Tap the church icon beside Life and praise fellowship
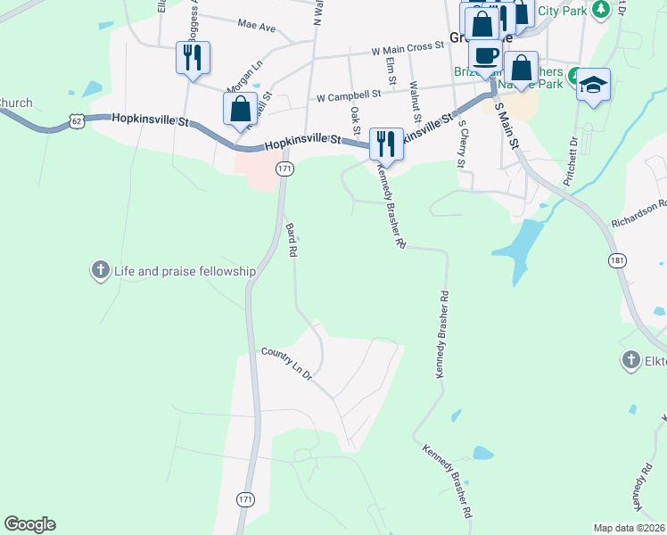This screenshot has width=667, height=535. [x=100, y=269]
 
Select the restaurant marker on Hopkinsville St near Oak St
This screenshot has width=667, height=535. [x=386, y=143]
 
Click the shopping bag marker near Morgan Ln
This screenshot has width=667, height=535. [x=241, y=110]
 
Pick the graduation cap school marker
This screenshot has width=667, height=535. [x=593, y=86]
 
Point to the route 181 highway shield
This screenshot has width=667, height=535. [x=616, y=259]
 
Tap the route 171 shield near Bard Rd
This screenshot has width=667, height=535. [x=284, y=169]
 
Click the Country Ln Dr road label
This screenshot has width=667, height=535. [x=286, y=365]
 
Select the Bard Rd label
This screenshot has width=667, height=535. [x=291, y=241]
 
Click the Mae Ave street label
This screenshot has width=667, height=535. [x=257, y=27]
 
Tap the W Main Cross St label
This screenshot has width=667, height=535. [x=408, y=48]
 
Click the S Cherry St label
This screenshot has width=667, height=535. [x=461, y=148]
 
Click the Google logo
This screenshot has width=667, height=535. [x=29, y=524]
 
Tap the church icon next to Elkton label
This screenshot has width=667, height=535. [x=630, y=360]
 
